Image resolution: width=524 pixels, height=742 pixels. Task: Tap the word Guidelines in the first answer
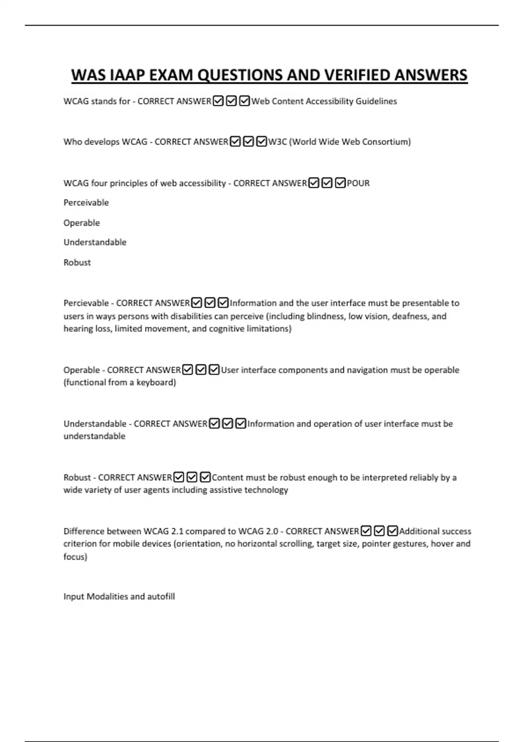pos(376,101)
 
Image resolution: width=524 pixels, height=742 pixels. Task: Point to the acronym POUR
pos(358,183)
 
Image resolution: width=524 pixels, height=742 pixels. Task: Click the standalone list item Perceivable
pos(86,203)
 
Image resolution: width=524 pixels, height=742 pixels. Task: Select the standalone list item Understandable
pos(95,242)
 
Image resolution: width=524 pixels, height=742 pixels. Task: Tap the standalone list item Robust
pos(77,262)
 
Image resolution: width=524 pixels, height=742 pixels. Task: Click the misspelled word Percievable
pos(86,303)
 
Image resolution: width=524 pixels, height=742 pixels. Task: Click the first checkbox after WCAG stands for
pos(218,101)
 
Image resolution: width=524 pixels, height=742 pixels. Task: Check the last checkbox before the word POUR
pos(340,183)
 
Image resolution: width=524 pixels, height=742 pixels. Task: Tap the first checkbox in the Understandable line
pos(214,423)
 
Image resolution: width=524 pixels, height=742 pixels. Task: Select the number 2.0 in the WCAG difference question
pos(272,531)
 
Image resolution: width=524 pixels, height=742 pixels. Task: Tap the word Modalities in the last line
pos(107,596)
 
